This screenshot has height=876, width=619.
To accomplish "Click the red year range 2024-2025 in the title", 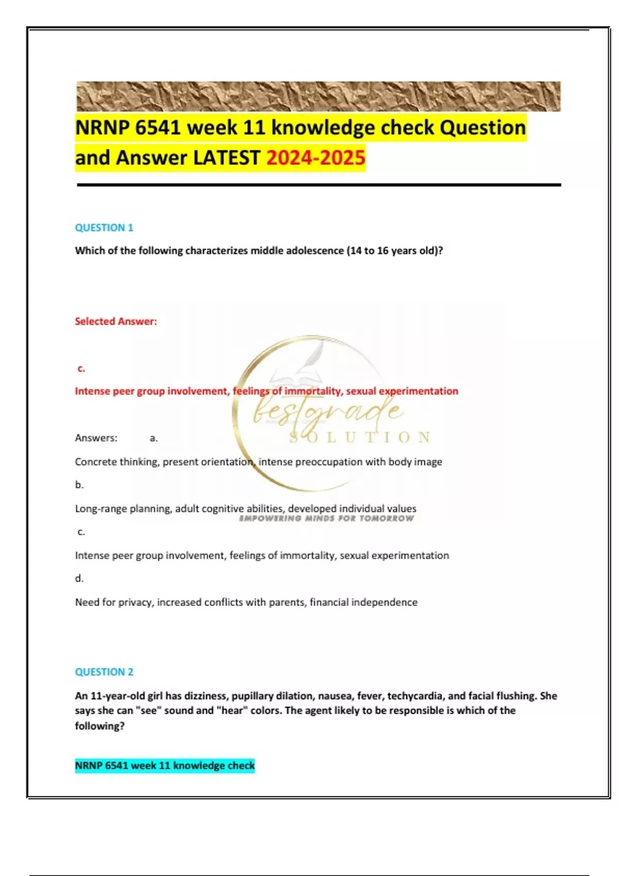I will [316, 157].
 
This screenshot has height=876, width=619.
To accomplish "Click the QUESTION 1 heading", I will [104, 227].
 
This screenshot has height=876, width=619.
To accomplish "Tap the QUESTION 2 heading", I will [104, 671].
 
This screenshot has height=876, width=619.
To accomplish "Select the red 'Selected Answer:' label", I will [116, 321].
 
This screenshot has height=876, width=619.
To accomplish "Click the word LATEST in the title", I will [226, 157].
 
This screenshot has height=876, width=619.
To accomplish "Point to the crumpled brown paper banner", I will [318, 96].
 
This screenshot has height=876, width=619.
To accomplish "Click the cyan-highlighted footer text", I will [165, 765].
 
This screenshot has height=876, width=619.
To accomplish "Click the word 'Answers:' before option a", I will [96, 437].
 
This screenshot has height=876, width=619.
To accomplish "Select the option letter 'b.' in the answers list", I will [79, 484].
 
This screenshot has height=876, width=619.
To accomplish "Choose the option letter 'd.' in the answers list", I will [79, 578].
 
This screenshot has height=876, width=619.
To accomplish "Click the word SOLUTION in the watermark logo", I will [360, 438].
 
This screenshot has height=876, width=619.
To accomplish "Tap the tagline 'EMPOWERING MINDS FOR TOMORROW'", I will [327, 518].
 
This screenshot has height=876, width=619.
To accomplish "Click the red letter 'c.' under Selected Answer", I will [81, 368].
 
